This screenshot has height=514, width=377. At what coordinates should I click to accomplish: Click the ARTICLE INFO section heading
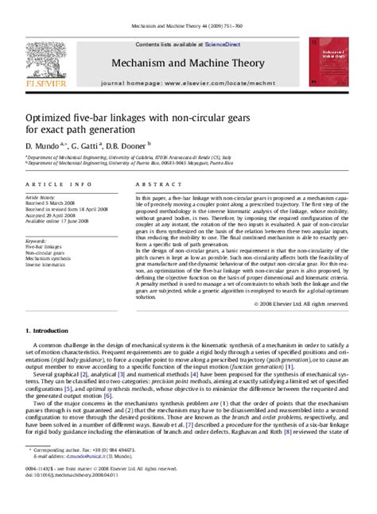coord(49,184)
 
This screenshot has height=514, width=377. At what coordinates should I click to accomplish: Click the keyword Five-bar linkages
coord(45,247)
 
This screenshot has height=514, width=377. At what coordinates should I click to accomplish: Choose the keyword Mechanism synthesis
coord(48,258)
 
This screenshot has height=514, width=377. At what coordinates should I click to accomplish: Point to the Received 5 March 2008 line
coord(48,202)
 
